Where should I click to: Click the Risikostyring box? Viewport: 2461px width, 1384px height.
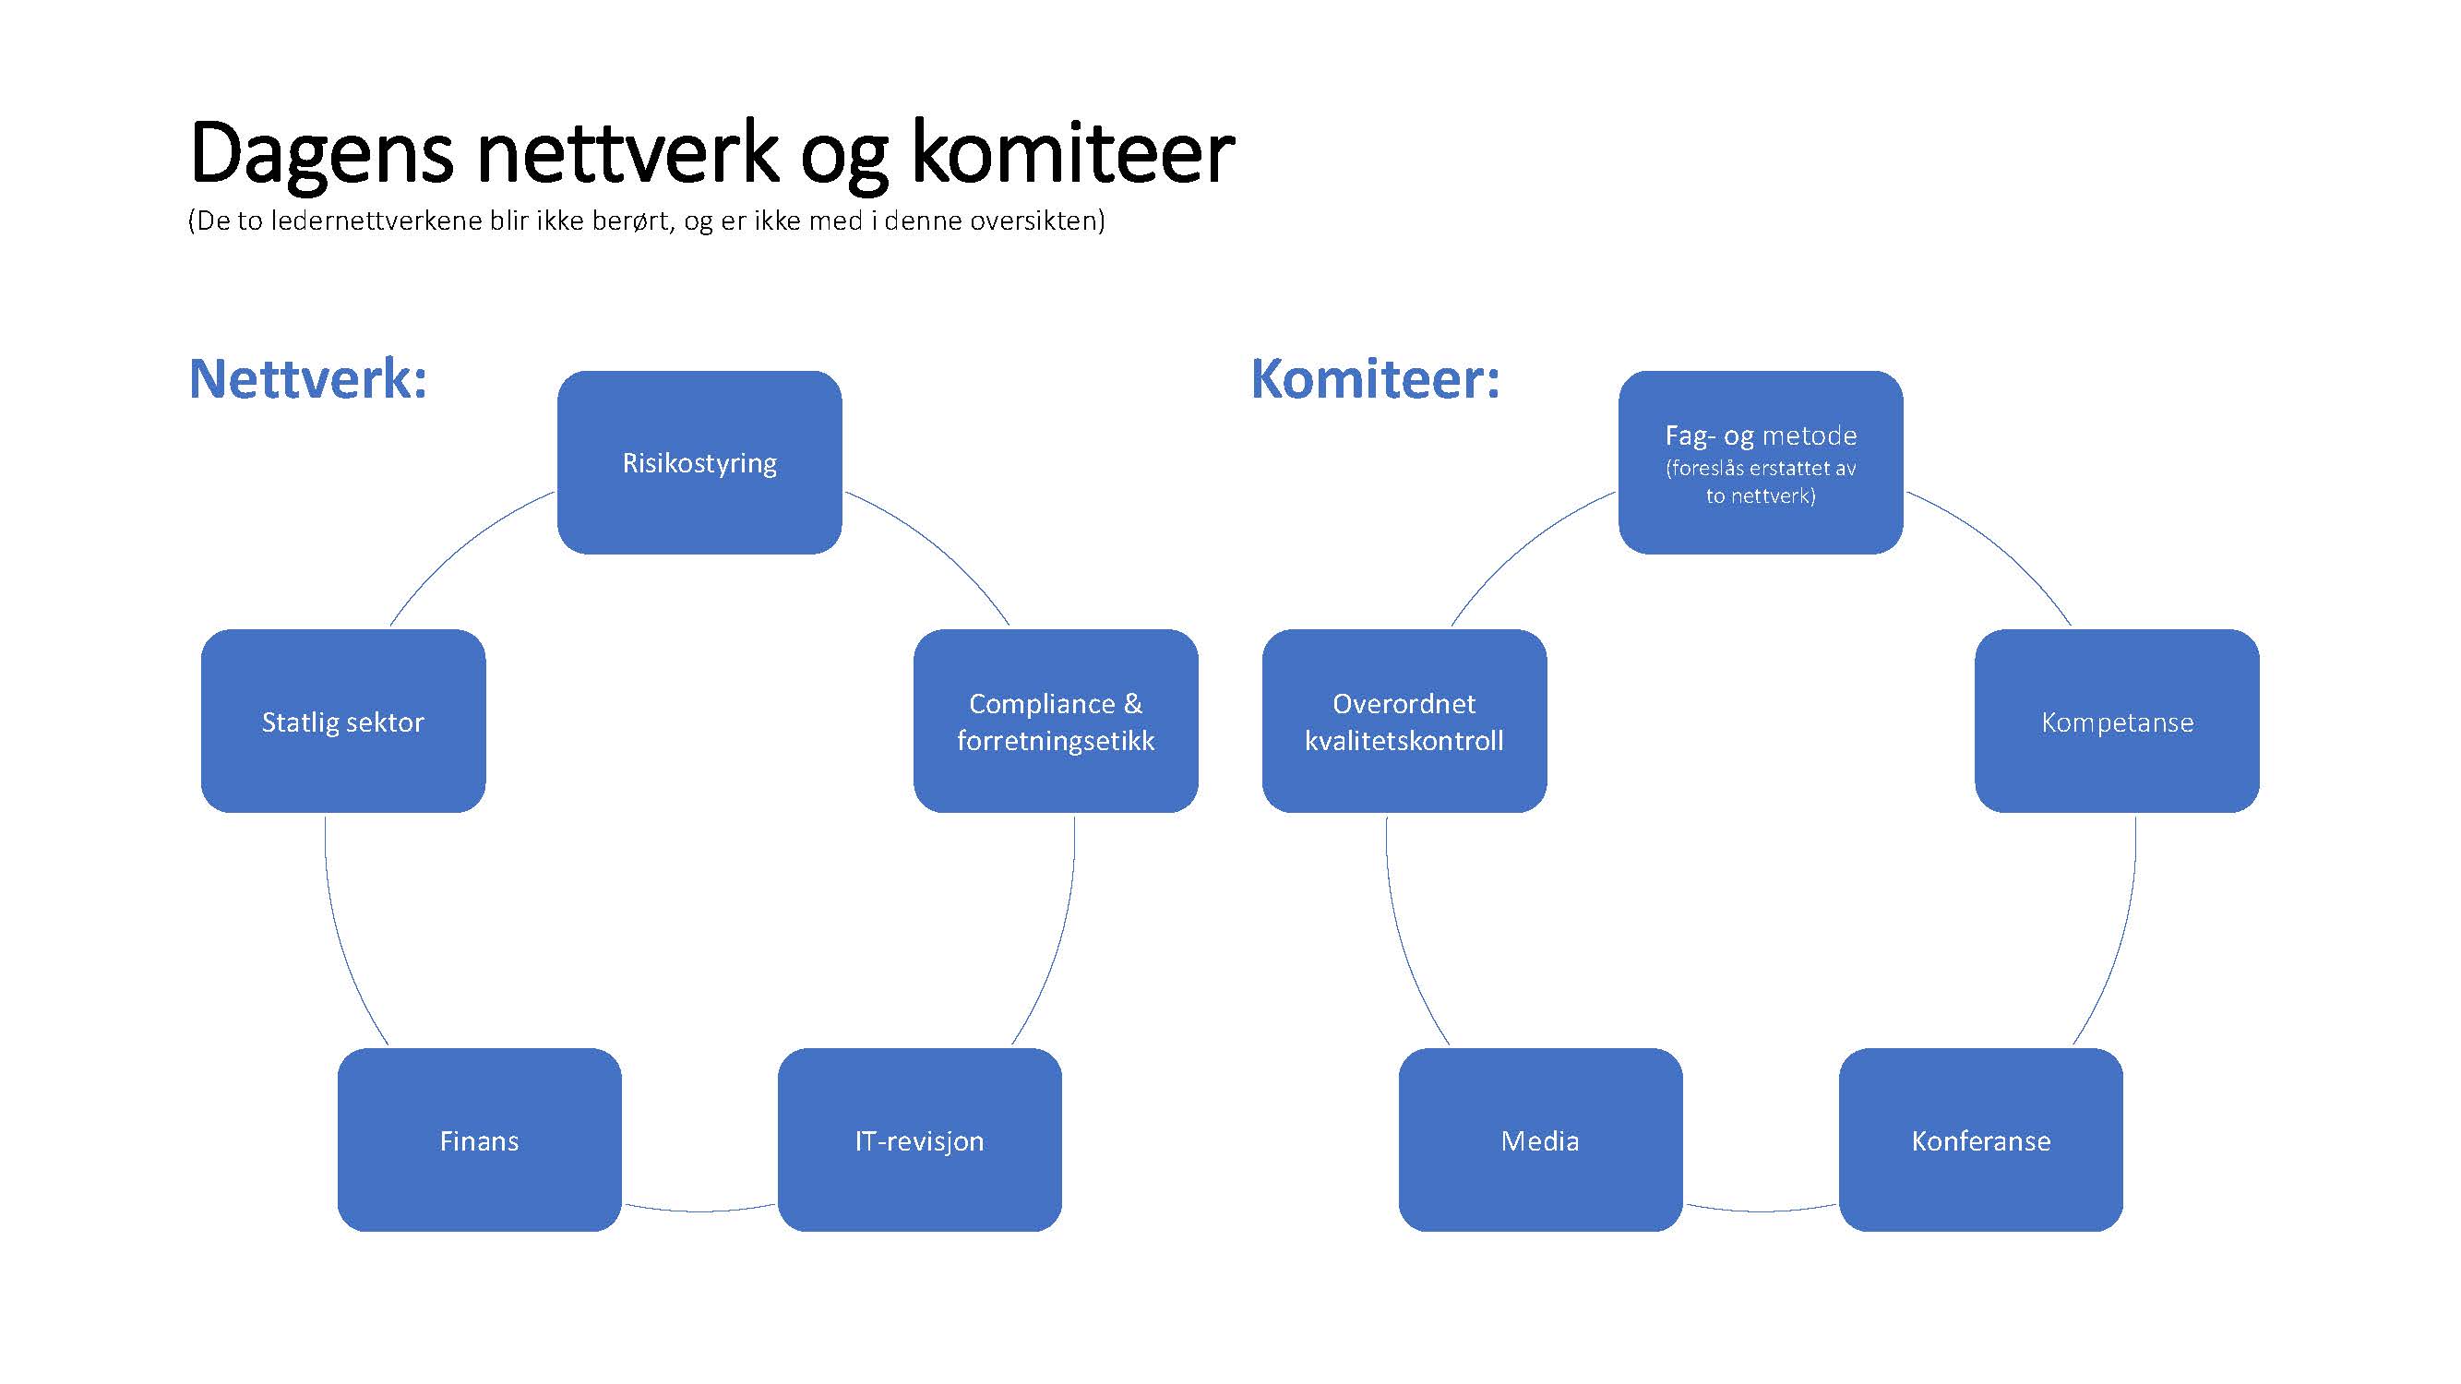699,462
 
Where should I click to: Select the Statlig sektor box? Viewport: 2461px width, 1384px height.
343,722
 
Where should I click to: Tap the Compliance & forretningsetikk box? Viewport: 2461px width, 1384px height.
1056,722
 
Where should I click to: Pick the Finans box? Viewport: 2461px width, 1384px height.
480,1139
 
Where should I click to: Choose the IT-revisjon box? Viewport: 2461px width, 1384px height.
920,1139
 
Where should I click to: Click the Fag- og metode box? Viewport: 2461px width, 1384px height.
1761,462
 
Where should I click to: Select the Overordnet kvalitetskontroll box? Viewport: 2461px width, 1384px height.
1404,722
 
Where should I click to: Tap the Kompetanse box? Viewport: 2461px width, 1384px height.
2117,722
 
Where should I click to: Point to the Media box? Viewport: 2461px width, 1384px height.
1541,1139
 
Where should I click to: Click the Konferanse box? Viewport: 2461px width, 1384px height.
1981,1139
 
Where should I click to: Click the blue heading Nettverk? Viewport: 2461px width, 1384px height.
307,379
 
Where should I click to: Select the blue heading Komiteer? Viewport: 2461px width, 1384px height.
1376,379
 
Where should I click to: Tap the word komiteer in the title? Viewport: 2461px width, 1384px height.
1073,153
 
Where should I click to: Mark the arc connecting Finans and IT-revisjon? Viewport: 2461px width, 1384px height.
699,1211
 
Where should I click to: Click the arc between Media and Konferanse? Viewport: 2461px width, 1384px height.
1761,1211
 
